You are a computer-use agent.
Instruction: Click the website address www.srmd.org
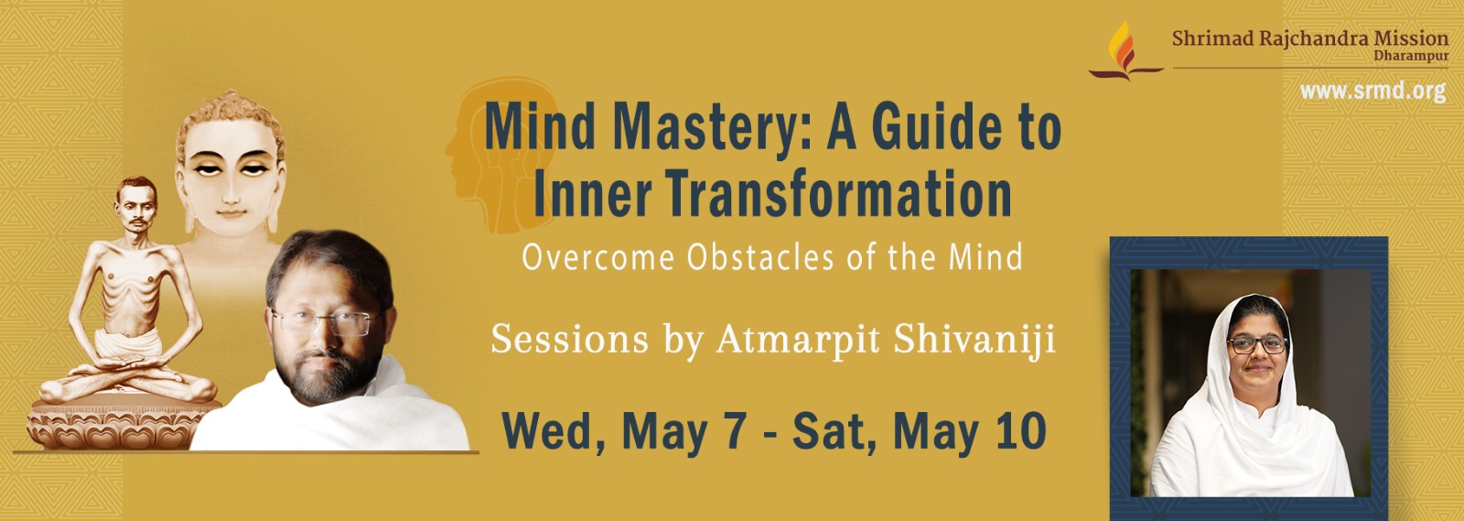[1372, 91]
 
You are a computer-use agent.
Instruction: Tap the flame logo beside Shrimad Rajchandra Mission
[1125, 51]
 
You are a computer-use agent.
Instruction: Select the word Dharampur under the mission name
[1411, 56]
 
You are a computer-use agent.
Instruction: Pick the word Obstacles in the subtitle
[760, 257]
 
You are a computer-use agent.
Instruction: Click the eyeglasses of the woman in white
[1257, 344]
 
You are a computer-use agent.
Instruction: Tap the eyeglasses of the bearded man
[326, 322]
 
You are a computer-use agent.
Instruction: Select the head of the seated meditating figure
[136, 203]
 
